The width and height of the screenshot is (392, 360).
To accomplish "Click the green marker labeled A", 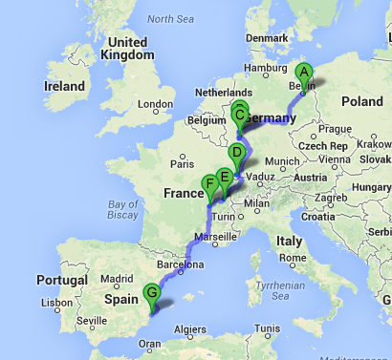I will pyautogui.click(x=304, y=72).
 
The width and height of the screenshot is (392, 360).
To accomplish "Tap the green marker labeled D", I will pyautogui.click(x=236, y=153).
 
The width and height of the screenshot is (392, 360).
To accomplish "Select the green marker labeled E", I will pyautogui.click(x=225, y=177).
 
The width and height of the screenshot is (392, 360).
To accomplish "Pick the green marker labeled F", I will pyautogui.click(x=209, y=184).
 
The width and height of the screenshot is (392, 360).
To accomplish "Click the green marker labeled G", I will pyautogui.click(x=150, y=294).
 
